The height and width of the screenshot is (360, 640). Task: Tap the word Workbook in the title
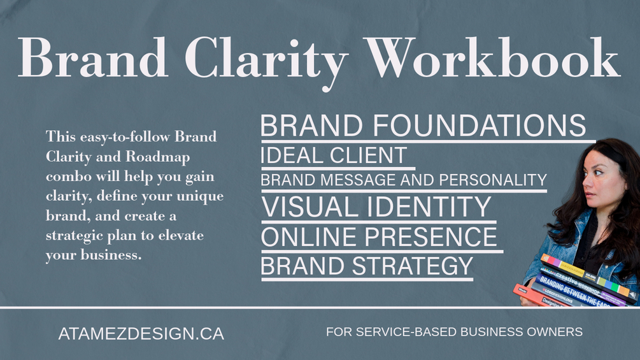(492, 57)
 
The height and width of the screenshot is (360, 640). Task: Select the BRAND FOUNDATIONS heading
(423, 126)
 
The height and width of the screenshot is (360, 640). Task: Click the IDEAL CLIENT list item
(334, 155)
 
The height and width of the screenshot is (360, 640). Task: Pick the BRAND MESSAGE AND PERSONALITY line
(404, 180)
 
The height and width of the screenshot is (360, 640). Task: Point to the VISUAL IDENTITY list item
(376, 206)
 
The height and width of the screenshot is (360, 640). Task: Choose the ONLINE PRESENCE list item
(379, 237)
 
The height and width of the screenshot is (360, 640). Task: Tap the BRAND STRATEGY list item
(367, 266)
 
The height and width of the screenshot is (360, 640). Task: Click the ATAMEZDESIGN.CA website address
(141, 334)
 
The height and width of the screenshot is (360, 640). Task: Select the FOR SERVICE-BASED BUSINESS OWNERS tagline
(454, 332)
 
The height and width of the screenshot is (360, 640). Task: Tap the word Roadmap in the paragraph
(157, 157)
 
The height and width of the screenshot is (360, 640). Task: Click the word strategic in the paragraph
(75, 236)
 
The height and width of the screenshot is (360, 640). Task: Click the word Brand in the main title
(93, 57)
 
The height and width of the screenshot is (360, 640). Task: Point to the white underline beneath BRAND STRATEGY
(367, 280)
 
